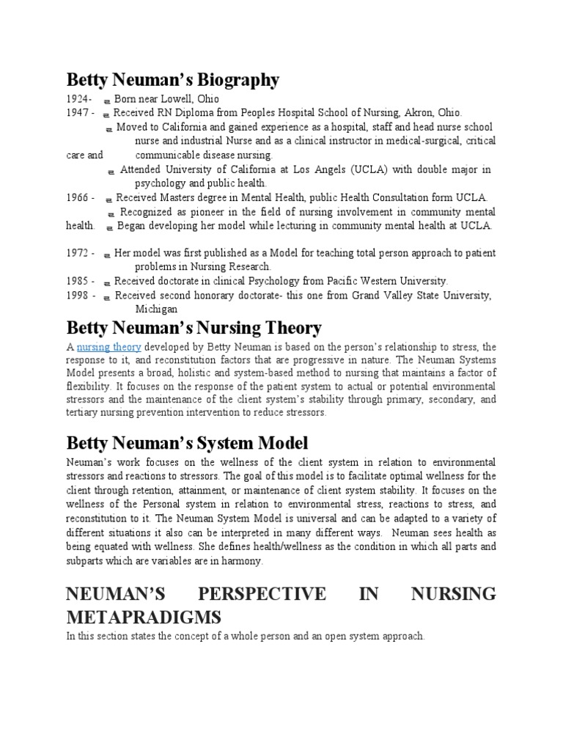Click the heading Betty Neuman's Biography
pos(172,79)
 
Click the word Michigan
pos(156,309)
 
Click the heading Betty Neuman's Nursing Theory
pos(194,327)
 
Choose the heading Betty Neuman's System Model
pos(187,443)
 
